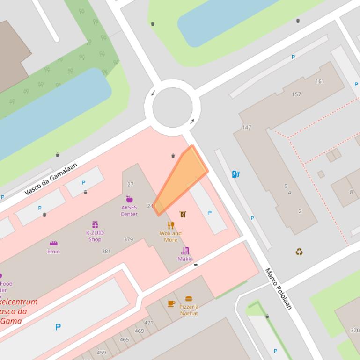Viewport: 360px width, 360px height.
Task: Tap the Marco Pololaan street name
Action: tap(279, 288)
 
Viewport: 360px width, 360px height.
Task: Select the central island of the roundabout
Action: tap(172, 108)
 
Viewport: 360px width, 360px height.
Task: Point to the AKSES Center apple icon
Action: tap(129, 199)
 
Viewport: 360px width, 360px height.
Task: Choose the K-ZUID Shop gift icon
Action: tap(95, 225)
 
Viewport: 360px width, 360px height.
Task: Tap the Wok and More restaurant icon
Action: tap(171, 225)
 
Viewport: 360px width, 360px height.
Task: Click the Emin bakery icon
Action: tap(53, 244)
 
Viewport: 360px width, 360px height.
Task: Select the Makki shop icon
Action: tap(185, 251)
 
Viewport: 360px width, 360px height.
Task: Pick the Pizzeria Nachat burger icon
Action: tap(189, 299)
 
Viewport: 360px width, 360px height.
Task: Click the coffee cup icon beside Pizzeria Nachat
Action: tap(171, 303)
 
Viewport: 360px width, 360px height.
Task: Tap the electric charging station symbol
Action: tap(236, 174)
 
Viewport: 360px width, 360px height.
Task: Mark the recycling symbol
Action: tap(299, 252)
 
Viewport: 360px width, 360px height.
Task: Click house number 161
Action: tap(320, 81)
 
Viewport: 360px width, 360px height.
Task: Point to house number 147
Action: tap(247, 127)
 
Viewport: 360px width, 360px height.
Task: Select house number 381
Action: tap(106, 252)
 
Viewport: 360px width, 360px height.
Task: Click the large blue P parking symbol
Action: tap(58, 327)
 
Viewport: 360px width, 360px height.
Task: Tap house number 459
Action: tap(101, 353)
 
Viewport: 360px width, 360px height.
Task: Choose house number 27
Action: tap(130, 185)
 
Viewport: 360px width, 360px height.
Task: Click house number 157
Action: tap(296, 94)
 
